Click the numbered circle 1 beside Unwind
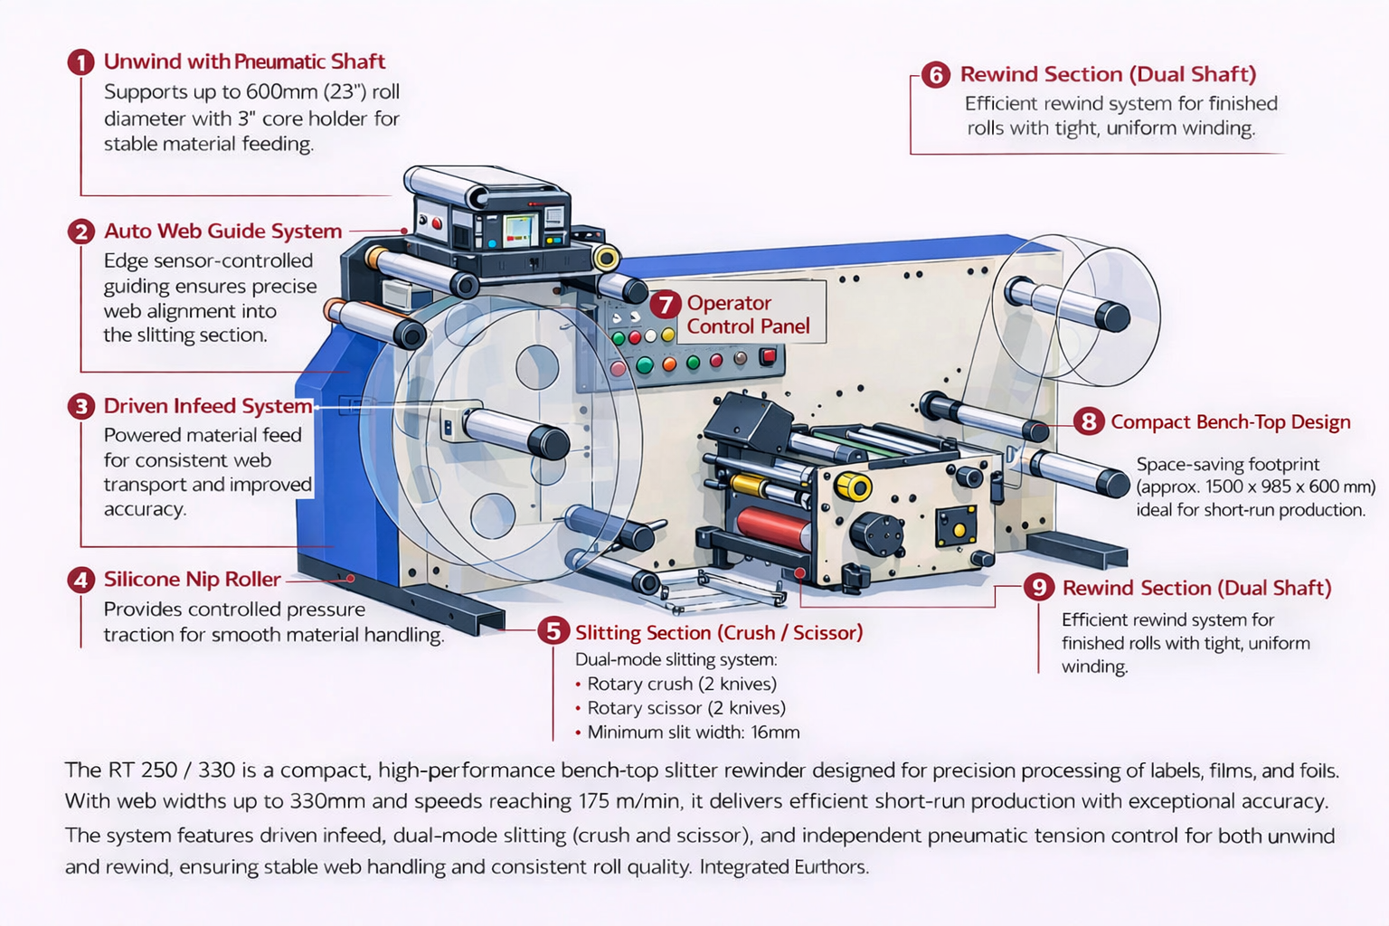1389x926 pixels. pyautogui.click(x=81, y=62)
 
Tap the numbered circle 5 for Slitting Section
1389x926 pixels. pyautogui.click(x=553, y=630)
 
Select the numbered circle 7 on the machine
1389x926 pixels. pyautogui.click(x=665, y=305)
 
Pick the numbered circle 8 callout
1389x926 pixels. pyautogui.click(x=1089, y=421)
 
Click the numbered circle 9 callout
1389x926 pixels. pyautogui.click(x=1039, y=588)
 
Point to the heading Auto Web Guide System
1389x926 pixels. pyautogui.click(x=222, y=231)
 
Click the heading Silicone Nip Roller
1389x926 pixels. pyautogui.click(x=192, y=580)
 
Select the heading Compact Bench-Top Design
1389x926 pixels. pyautogui.click(x=1230, y=422)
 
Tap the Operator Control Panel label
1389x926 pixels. pyautogui.click(x=747, y=315)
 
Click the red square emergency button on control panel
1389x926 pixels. pyautogui.click(x=768, y=355)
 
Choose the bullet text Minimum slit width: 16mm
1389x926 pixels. pyautogui.click(x=693, y=732)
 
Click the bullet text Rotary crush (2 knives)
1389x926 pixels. pyautogui.click(x=682, y=685)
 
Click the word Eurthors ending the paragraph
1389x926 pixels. pyautogui.click(x=831, y=867)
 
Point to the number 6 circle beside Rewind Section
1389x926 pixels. pyautogui.click(x=936, y=75)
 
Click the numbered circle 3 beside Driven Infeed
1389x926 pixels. pyautogui.click(x=81, y=406)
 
